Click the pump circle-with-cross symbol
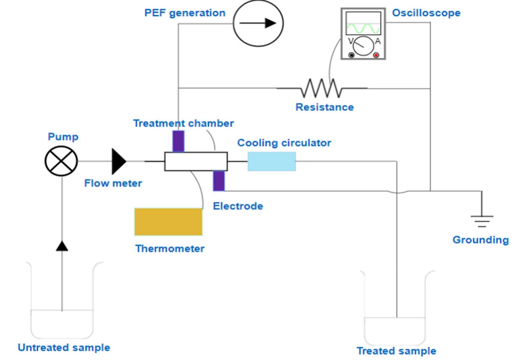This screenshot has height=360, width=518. (x=61, y=161)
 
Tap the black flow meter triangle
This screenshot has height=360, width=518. (x=118, y=161)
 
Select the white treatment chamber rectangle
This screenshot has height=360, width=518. (x=196, y=161)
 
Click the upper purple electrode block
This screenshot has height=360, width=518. (x=178, y=141)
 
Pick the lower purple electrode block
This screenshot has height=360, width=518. (x=219, y=181)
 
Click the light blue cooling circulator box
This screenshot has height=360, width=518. (x=272, y=161)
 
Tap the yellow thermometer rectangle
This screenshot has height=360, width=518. (x=168, y=222)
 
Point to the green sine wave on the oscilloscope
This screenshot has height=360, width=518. (x=363, y=28)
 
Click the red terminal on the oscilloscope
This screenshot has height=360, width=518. (x=376, y=55)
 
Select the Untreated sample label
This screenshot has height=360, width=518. (x=64, y=347)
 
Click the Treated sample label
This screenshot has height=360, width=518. (x=396, y=350)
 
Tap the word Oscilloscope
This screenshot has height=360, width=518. (x=426, y=13)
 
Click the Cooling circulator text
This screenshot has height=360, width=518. (x=284, y=143)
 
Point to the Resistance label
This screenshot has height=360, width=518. (x=324, y=107)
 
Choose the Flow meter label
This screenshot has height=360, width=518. (x=113, y=183)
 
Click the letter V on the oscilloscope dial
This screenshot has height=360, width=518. (x=351, y=41)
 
